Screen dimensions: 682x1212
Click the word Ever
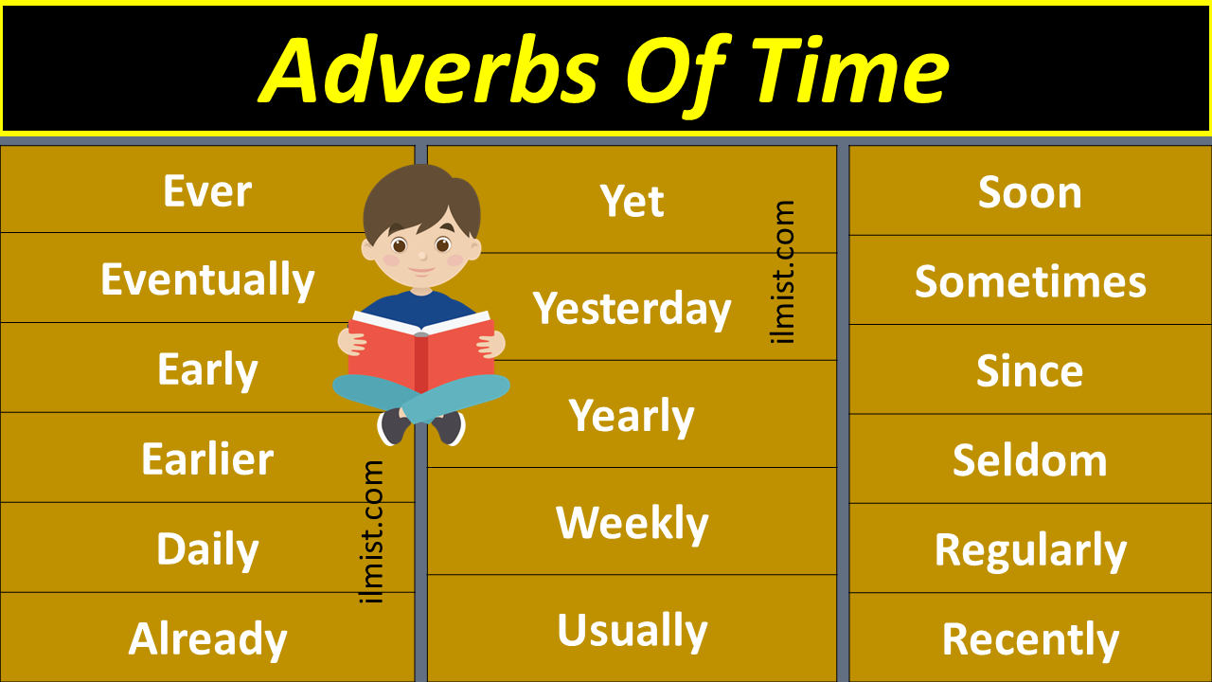(x=206, y=191)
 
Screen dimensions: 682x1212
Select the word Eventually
(x=207, y=280)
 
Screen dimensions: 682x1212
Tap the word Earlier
(x=207, y=460)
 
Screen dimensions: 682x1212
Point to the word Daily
(x=207, y=549)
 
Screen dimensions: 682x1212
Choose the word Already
(x=207, y=639)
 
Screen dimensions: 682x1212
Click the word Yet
(x=632, y=201)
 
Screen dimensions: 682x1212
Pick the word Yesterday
(x=632, y=309)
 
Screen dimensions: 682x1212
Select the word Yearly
(x=632, y=416)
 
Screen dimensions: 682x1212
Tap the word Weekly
(x=632, y=523)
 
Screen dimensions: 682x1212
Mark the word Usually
(x=632, y=631)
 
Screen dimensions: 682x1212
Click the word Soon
(x=1029, y=192)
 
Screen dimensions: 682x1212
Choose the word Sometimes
(x=1029, y=281)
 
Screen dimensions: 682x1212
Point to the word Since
(x=1029, y=370)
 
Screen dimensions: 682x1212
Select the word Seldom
(x=1029, y=460)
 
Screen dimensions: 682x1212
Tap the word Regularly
(x=1029, y=550)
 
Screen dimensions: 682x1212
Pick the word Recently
(x=1029, y=640)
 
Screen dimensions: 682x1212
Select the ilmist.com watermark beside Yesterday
(x=784, y=272)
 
